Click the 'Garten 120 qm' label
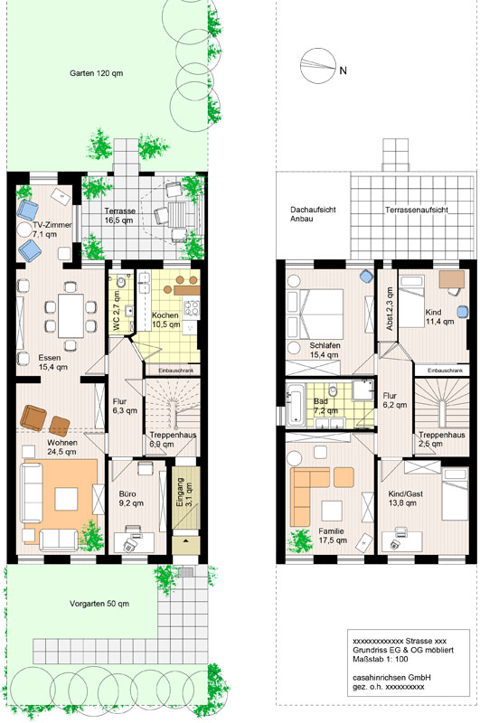pyautogui.click(x=97, y=73)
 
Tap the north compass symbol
pyautogui.click(x=317, y=65)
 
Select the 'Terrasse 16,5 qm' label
pyautogui.click(x=119, y=215)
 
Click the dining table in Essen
pyautogui.click(x=71, y=315)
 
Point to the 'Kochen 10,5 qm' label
pyautogui.click(x=165, y=320)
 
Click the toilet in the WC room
pyautogui.click(x=121, y=281)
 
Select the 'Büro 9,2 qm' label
pyautogui.click(x=131, y=499)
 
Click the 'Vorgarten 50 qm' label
pyautogui.click(x=99, y=604)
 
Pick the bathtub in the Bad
pyautogui.click(x=295, y=402)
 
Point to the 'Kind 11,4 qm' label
pyautogui.click(x=439, y=317)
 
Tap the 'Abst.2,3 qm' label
pyautogui.click(x=391, y=309)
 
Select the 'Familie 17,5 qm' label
pyautogui.click(x=332, y=536)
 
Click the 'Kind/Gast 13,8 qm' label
pyautogui.click(x=405, y=499)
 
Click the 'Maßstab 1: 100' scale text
pyautogui.click(x=381, y=659)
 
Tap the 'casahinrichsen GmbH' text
pyautogui.click(x=391, y=677)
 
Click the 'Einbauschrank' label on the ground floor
pyautogui.click(x=173, y=371)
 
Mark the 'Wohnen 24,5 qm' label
pyautogui.click(x=61, y=447)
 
